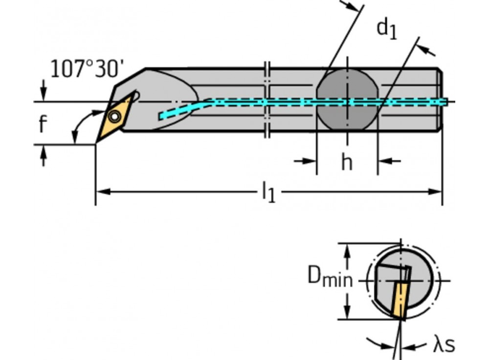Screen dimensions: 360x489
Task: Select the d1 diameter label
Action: pos(386,29)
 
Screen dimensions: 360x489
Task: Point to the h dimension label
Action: pos(346,162)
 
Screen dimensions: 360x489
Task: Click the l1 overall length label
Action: pos(268,192)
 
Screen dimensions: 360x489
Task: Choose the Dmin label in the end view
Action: pos(330,277)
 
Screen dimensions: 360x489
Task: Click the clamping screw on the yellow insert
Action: pos(115,116)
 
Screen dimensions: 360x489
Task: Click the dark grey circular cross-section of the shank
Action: pos(347,102)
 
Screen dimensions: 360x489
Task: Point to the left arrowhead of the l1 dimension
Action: pos(100,192)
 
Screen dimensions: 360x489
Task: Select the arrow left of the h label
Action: pos(307,160)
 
